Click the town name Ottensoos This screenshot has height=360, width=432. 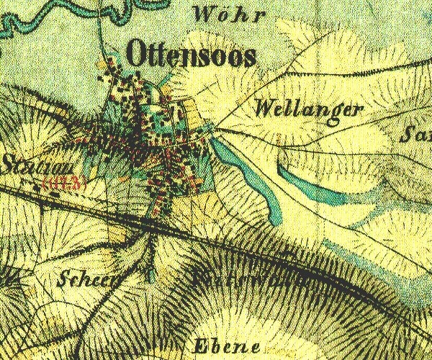(191, 54)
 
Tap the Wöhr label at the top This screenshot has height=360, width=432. (220, 14)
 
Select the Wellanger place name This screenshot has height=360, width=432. (307, 109)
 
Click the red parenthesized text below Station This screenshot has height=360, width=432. (65, 182)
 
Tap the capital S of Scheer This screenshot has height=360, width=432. (66, 279)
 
